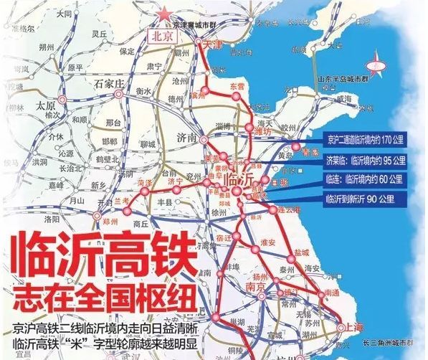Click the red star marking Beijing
pos(166,13)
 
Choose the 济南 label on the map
pos(186,137)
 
